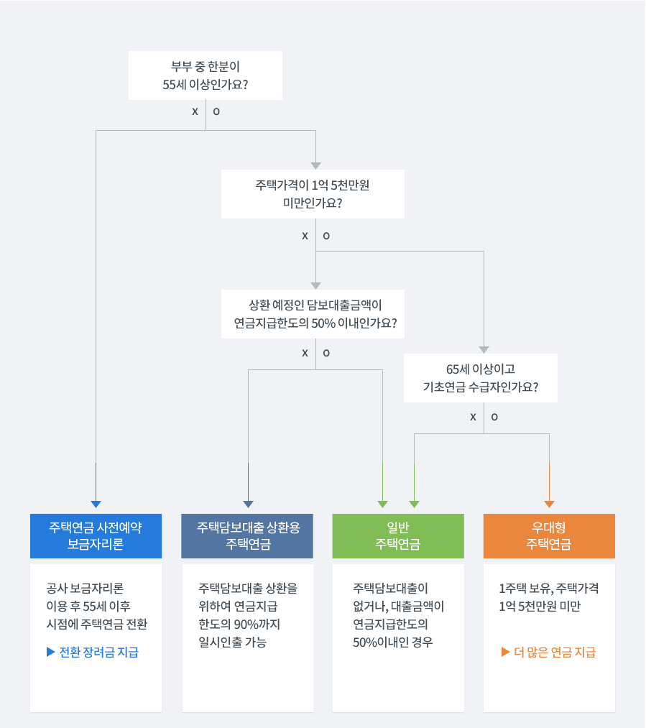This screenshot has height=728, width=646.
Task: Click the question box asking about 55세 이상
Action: point(206,75)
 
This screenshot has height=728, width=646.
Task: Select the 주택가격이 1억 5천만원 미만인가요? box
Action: point(313,194)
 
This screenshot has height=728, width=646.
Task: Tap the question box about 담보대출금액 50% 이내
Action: point(313,314)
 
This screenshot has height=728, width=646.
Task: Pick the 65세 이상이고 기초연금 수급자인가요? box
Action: point(481,378)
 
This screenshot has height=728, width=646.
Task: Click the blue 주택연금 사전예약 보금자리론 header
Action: point(96,536)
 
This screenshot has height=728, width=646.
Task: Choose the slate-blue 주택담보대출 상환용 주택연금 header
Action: point(248,536)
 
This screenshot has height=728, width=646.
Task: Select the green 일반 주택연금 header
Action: point(397,536)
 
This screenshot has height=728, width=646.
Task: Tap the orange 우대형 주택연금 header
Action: point(549,536)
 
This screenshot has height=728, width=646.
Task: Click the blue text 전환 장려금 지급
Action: point(98,653)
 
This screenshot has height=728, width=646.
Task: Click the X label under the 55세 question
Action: point(195,112)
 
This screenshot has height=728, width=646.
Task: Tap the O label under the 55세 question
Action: point(216,112)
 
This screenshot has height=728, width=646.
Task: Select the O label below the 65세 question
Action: point(494,417)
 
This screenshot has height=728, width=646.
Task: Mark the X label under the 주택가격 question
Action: point(305,236)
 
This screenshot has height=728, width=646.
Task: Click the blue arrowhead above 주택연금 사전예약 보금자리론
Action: point(96,504)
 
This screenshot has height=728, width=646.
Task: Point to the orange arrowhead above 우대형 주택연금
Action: point(550,504)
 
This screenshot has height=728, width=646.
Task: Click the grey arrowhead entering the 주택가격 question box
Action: point(315,165)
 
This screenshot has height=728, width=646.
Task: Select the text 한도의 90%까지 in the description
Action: point(239,624)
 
